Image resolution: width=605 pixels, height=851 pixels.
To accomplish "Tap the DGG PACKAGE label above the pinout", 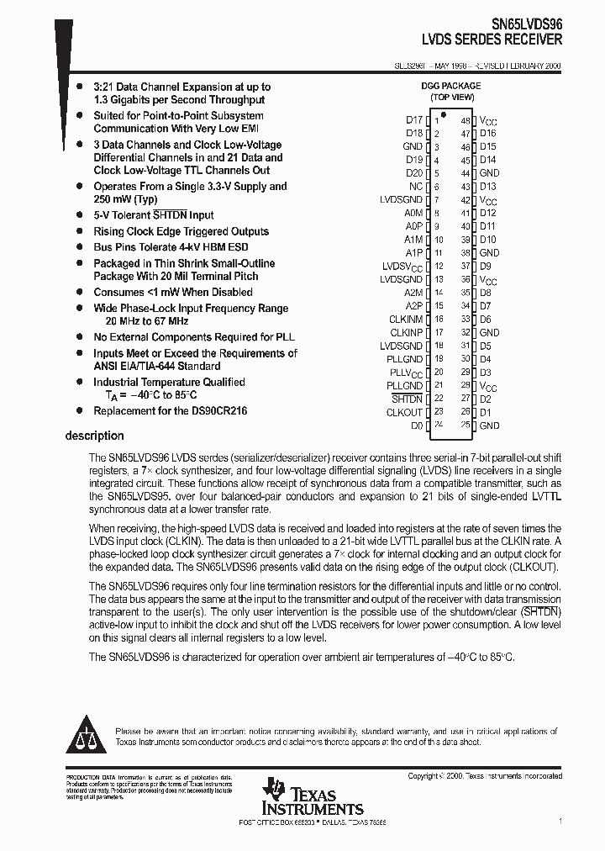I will pyautogui.click(x=450, y=86).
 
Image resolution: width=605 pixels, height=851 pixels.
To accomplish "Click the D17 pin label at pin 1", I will pyautogui.click(x=413, y=120).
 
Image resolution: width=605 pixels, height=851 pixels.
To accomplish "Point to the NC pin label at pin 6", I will pyautogui.click(x=416, y=187).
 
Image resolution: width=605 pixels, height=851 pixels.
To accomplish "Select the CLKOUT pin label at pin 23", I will pyautogui.click(x=404, y=412).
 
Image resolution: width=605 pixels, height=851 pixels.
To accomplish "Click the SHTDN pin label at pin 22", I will pyautogui.click(x=408, y=399).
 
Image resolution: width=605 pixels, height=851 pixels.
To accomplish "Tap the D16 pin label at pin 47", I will pyautogui.click(x=487, y=134).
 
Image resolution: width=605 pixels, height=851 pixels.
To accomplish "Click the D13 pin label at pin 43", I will pyautogui.click(x=487, y=187).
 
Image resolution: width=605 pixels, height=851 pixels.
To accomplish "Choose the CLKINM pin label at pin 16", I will pyautogui.click(x=405, y=320).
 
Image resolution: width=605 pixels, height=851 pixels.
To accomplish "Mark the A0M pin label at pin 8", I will pyautogui.click(x=413, y=214).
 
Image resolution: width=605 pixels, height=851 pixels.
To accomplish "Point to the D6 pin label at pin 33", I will pyautogui.click(x=485, y=320).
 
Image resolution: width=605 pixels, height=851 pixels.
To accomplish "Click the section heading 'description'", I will pyautogui.click(x=94, y=436).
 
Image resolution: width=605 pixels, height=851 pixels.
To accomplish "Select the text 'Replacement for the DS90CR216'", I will pyautogui.click(x=170, y=411).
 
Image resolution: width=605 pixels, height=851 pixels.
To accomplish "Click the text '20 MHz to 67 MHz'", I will pyautogui.click(x=146, y=321).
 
